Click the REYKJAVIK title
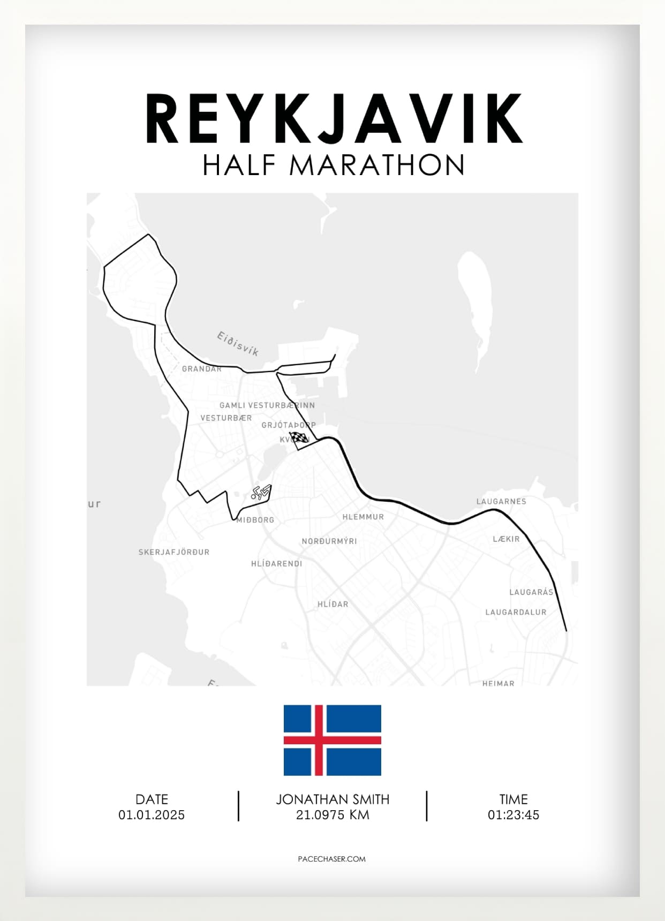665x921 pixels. click(x=333, y=119)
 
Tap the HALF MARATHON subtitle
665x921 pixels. click(x=333, y=165)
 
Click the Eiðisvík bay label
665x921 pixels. click(x=238, y=344)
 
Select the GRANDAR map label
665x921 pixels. click(x=201, y=369)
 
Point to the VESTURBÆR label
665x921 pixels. click(x=226, y=418)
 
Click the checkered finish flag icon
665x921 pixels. click(x=299, y=439)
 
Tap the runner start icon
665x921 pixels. click(x=261, y=493)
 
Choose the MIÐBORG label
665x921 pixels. click(x=255, y=520)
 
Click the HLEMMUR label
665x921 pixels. click(x=363, y=517)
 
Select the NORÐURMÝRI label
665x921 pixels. click(x=329, y=541)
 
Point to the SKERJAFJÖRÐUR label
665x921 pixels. click(x=174, y=552)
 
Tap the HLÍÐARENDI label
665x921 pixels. click(x=276, y=564)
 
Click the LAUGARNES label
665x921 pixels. click(x=501, y=502)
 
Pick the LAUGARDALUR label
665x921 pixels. click(x=516, y=612)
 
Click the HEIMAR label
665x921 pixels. click(x=498, y=683)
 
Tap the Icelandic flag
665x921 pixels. click(x=332, y=740)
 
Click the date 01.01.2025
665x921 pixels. click(x=152, y=815)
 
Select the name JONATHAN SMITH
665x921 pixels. click(x=333, y=799)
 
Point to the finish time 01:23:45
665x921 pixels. click(x=513, y=815)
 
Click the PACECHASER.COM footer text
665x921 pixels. click(x=331, y=859)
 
